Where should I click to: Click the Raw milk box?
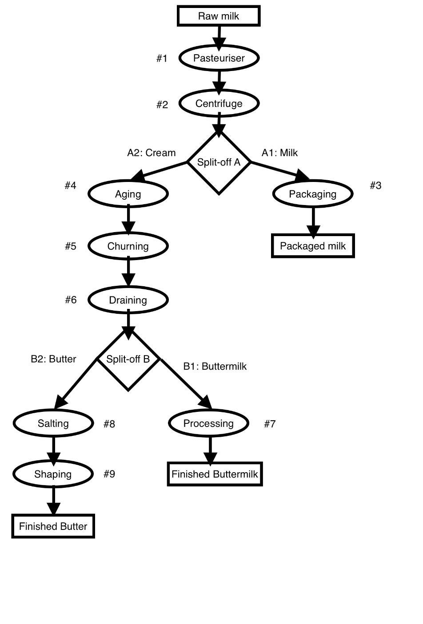pyautogui.click(x=219, y=16)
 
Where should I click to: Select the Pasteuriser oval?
pyautogui.click(x=219, y=58)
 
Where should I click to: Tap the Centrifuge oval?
pyautogui.click(x=219, y=103)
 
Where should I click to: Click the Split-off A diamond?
pyautogui.click(x=219, y=162)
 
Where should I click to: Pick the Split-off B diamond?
pyautogui.click(x=128, y=359)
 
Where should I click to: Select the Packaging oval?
pyautogui.click(x=313, y=194)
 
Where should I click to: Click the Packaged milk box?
pyautogui.click(x=313, y=246)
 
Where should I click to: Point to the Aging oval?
pyautogui.click(x=128, y=194)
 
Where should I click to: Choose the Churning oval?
pyautogui.click(x=128, y=246)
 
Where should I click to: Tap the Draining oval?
pyautogui.click(x=128, y=300)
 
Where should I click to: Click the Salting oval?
pyautogui.click(x=53, y=423)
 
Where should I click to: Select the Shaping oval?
pyautogui.click(x=53, y=474)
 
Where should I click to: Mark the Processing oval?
pyautogui.click(x=208, y=423)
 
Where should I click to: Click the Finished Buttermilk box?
pyautogui.click(x=215, y=474)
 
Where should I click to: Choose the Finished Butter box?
pyautogui.click(x=53, y=526)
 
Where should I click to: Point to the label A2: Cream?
pyautogui.click(x=151, y=153)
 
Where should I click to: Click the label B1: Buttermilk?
pyautogui.click(x=215, y=366)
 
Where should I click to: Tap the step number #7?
pyautogui.click(x=270, y=424)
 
